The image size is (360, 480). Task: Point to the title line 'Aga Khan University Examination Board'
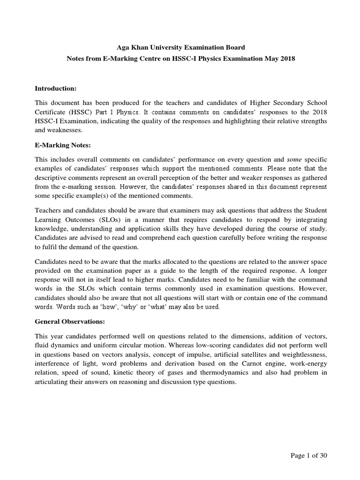coord(180,47)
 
